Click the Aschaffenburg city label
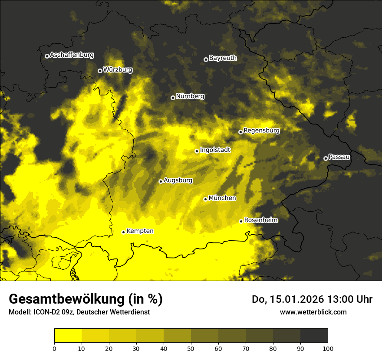[x=72, y=55]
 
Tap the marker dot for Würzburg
[x=100, y=71]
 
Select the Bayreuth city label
[x=223, y=58]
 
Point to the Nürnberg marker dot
[x=173, y=98]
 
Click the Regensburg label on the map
[x=261, y=130]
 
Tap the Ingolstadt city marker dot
[x=197, y=151]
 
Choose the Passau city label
[x=339, y=157]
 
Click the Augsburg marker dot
[x=161, y=181]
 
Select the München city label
[x=222, y=198]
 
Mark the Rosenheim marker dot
[x=241, y=221]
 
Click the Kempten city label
[x=140, y=231]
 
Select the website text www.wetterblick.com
[x=313, y=312]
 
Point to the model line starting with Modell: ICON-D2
[x=79, y=312]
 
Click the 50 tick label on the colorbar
[x=191, y=348]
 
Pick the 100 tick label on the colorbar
[x=328, y=348]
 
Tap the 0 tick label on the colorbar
[x=54, y=348]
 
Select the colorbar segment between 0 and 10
[x=68, y=336]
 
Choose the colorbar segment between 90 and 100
[x=314, y=336]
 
